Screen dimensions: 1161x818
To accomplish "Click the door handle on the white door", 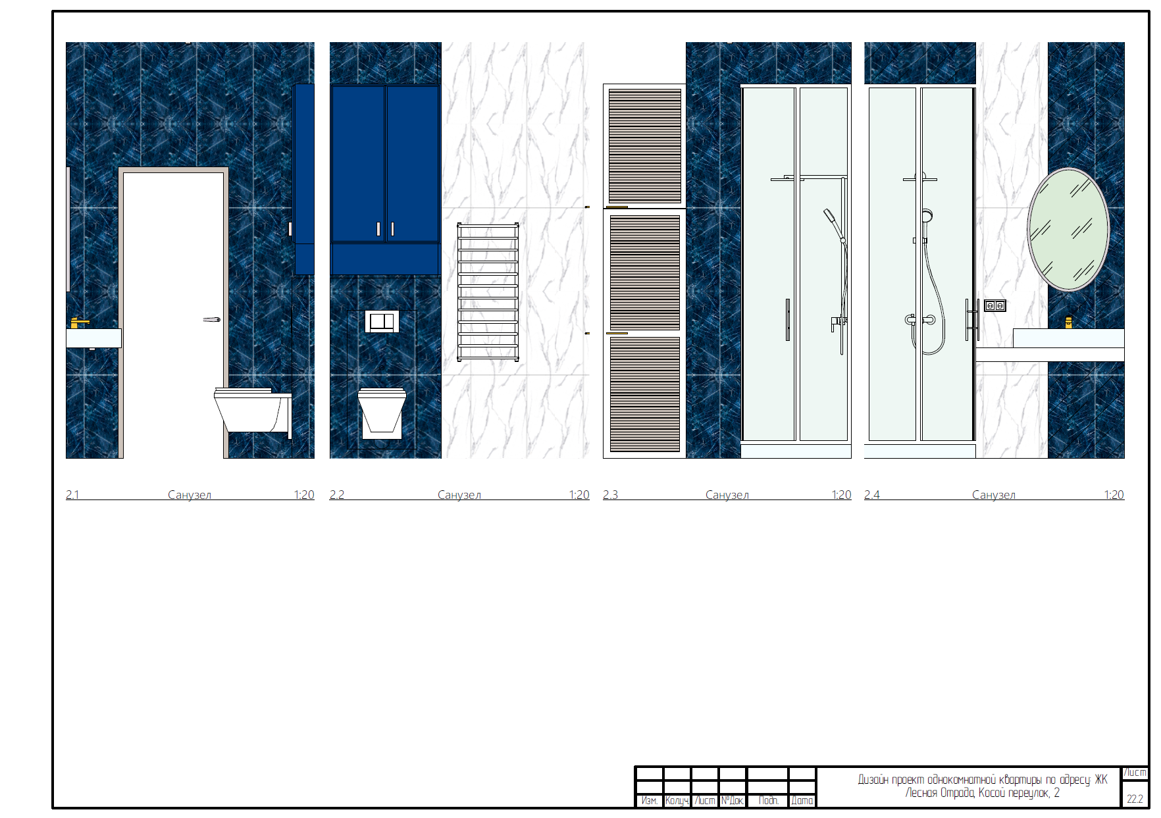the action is coord(212,320).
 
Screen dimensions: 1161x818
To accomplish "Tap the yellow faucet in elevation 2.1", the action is coord(79,322).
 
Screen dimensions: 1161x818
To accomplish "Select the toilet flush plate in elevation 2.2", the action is coord(382,322).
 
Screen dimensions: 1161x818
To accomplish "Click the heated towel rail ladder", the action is coord(488,292).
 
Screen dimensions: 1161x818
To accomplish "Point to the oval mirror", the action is coord(1069,228).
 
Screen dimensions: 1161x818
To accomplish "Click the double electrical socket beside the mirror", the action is coord(994,305).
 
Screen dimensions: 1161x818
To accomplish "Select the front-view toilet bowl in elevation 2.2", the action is coord(382,413).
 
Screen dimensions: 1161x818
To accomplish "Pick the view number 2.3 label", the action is coord(610,495).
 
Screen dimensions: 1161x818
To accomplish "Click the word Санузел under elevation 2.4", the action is coord(994,495).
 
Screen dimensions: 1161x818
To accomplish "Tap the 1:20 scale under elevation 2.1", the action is coord(304,495).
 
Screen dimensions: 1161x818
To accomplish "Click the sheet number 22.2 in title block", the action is coord(1135,799).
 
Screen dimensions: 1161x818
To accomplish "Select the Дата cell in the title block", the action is coord(802,800).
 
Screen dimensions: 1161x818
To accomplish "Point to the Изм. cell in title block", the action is coord(650,800).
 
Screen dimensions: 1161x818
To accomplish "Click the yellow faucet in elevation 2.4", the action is coord(1069,322).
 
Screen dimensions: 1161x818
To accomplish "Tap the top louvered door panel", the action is coord(645,146).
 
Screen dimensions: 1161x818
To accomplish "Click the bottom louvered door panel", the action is coord(645,394).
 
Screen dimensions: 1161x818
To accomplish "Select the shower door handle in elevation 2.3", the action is coord(788,320).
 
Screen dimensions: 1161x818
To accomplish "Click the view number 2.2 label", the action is coord(337,495).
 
